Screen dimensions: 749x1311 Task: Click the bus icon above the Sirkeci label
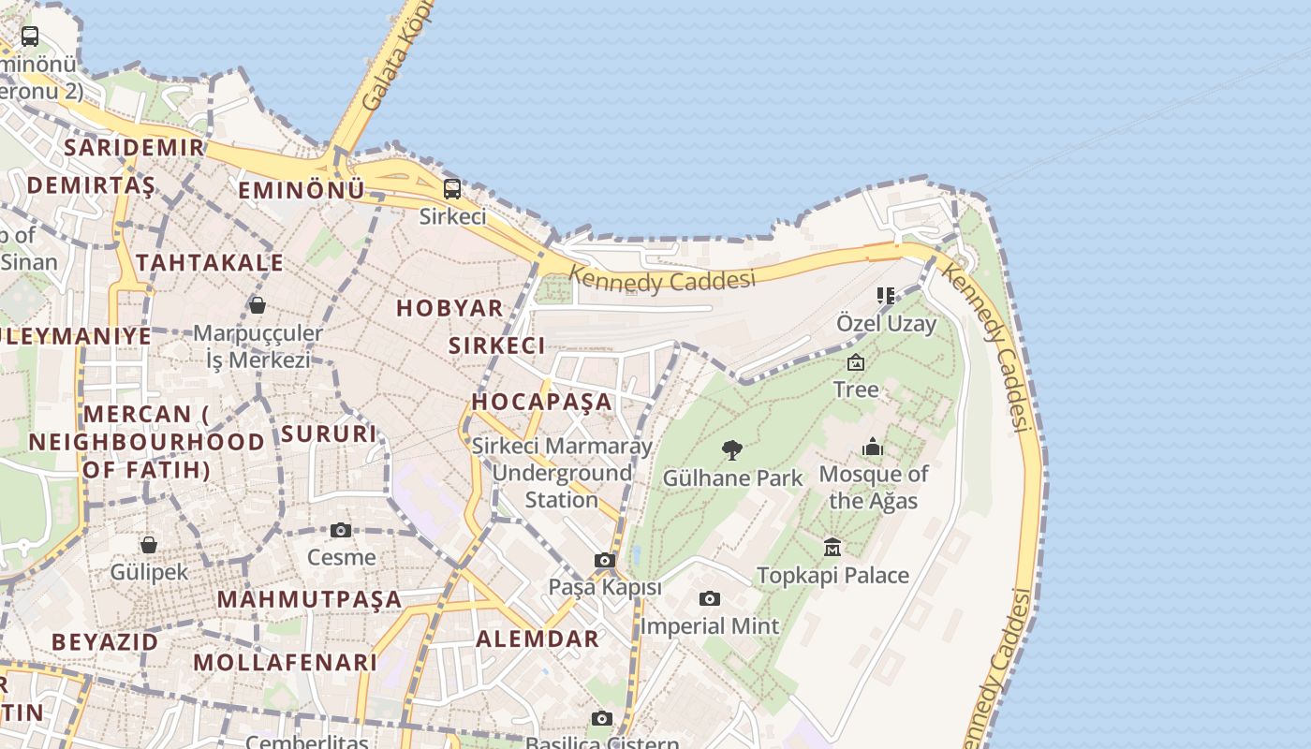click(x=452, y=188)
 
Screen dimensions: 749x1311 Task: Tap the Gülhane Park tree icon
click(x=732, y=450)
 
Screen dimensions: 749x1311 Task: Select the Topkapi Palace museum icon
click(x=832, y=547)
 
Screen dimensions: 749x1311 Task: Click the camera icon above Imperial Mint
click(x=710, y=598)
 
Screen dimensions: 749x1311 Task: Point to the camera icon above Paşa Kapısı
click(x=605, y=560)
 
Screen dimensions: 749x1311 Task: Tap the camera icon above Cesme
click(x=341, y=530)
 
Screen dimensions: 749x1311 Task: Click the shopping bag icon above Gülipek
click(x=149, y=544)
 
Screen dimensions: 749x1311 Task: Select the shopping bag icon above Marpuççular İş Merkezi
click(x=258, y=304)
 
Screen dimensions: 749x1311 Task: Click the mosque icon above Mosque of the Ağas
click(x=873, y=447)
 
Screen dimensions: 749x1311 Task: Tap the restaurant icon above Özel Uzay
click(x=886, y=296)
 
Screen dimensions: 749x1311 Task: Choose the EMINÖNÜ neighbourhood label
click(x=302, y=190)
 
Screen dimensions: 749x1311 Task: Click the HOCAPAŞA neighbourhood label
click(x=541, y=402)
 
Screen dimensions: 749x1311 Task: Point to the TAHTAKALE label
click(x=210, y=262)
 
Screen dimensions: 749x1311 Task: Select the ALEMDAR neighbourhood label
click(x=538, y=639)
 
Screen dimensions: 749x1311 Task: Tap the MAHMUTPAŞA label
click(x=310, y=599)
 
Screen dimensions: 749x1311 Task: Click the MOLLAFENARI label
click(x=286, y=662)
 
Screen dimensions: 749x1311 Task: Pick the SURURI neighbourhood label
click(x=329, y=433)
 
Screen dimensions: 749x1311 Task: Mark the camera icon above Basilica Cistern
click(x=602, y=718)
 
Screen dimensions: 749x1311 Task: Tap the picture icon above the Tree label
click(x=855, y=362)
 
